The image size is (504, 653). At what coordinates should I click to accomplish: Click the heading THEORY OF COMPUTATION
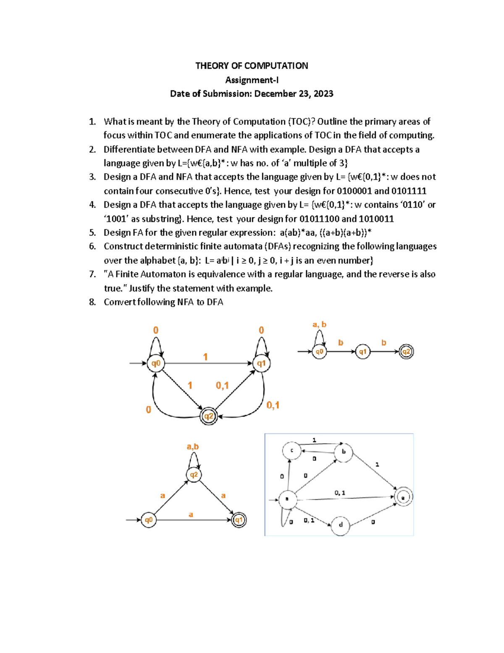[x=252, y=66]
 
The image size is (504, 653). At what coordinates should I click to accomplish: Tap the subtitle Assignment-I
[x=252, y=80]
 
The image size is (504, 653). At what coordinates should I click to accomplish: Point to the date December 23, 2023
[x=294, y=94]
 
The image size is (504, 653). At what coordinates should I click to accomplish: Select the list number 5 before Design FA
[x=92, y=233]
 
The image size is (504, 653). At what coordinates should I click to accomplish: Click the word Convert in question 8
[x=119, y=302]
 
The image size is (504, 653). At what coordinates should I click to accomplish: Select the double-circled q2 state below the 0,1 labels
[x=209, y=416]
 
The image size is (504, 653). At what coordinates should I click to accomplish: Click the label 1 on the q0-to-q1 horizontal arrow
[x=205, y=357]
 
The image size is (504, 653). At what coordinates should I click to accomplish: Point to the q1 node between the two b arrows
[x=363, y=352]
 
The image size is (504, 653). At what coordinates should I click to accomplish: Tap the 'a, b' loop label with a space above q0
[x=319, y=324]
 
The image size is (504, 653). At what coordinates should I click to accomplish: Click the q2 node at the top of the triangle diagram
[x=194, y=475]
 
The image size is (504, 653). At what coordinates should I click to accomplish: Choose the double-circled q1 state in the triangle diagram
[x=239, y=520]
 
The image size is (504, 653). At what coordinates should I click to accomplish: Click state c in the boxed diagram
[x=292, y=451]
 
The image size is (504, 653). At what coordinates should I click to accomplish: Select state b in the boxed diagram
[x=344, y=452]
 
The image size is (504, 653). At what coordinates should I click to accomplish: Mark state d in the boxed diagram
[x=341, y=525]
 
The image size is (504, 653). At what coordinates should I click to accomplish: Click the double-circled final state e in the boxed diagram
[x=404, y=497]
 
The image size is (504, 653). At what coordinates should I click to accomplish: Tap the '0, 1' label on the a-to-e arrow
[x=340, y=492]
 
